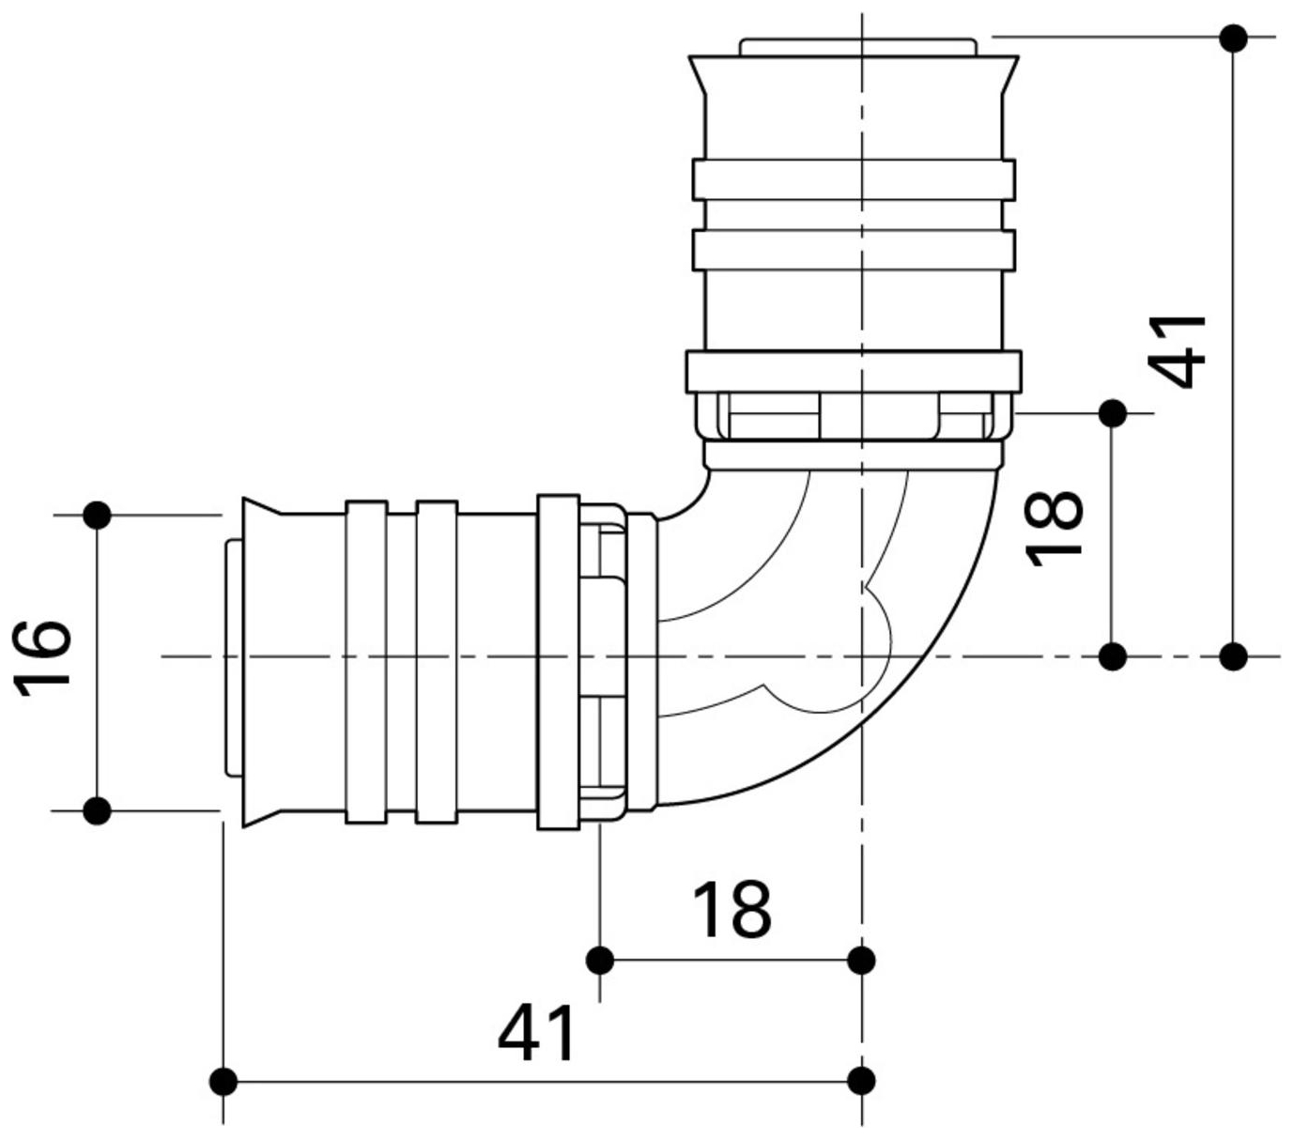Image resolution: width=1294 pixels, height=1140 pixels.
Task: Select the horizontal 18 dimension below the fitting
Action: [x=732, y=909]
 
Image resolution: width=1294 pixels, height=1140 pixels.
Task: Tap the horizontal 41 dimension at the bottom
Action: [x=536, y=1033]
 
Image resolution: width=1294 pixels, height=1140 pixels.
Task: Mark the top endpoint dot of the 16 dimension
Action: [x=98, y=515]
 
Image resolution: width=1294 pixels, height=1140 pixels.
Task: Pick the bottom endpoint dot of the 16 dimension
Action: [x=98, y=810]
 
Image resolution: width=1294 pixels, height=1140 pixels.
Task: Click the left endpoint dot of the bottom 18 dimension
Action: [x=600, y=961]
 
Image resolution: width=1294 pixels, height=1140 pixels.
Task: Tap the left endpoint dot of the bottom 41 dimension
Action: [x=223, y=1081]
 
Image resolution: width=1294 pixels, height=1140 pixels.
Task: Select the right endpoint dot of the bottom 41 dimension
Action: [x=861, y=1081]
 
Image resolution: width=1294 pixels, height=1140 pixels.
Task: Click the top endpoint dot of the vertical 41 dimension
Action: [x=1234, y=39]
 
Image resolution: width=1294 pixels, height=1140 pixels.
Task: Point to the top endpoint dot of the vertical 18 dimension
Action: [x=1113, y=412]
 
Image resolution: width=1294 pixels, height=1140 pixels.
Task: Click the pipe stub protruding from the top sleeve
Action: [x=856, y=47]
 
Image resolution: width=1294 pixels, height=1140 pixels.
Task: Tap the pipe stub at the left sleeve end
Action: [x=232, y=657]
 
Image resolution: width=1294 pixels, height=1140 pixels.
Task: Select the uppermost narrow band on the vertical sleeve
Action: [x=853, y=179]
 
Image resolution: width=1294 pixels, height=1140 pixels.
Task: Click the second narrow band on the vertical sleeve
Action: [x=853, y=250]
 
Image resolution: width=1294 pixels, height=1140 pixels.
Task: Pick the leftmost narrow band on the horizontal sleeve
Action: [x=366, y=662]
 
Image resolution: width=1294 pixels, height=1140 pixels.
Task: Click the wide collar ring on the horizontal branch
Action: [x=558, y=662]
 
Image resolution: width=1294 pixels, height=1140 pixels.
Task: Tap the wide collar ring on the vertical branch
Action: [x=853, y=372]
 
